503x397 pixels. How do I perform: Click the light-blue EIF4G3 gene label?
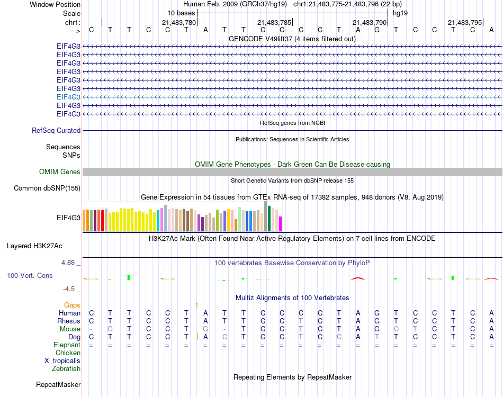tap(69, 97)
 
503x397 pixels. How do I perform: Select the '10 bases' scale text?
tap(181, 12)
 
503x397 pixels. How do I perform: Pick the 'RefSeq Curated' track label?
tap(56, 130)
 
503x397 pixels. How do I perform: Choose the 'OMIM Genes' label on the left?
tap(60, 172)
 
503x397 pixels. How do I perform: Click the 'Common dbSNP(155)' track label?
tap(47, 188)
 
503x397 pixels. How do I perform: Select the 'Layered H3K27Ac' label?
tap(34, 246)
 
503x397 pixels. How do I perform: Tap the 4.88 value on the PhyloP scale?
tap(70, 262)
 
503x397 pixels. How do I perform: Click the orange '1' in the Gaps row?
tap(196, 305)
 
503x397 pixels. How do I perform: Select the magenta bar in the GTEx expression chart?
tap(281, 224)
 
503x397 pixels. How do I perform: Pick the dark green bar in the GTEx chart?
tap(270, 218)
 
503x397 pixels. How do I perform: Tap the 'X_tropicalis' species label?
tap(62, 361)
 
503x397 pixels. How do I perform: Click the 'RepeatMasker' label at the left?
tap(58, 384)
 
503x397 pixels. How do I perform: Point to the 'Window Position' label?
tap(55, 4)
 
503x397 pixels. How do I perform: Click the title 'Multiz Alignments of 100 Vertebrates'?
tap(292, 297)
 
